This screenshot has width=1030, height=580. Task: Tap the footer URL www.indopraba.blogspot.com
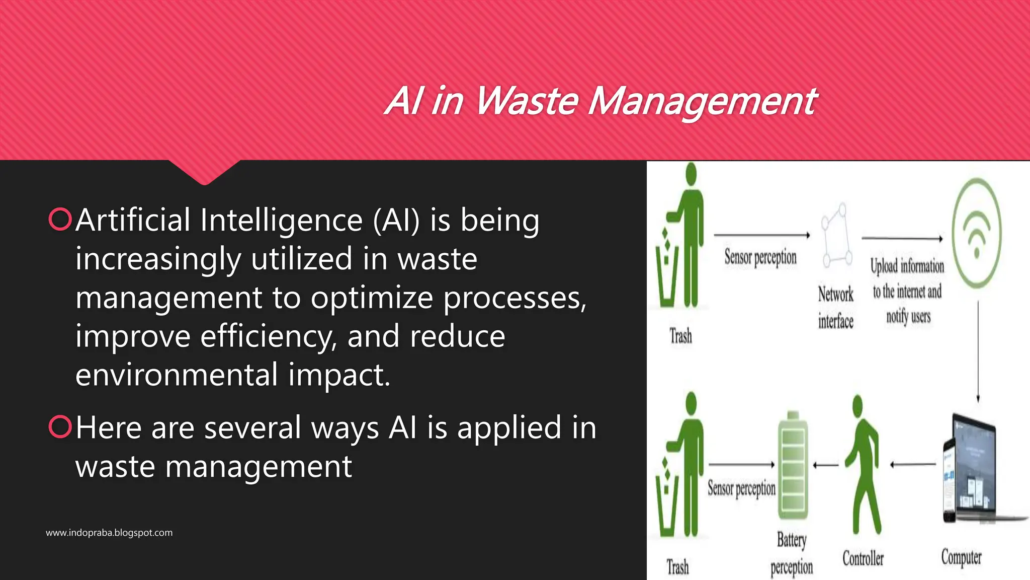tap(109, 533)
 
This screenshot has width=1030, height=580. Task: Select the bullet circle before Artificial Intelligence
tap(60, 220)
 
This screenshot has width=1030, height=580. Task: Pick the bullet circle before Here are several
tap(60, 427)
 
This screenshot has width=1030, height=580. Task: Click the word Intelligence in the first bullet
tap(281, 221)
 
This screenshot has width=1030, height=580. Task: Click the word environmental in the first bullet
tap(177, 375)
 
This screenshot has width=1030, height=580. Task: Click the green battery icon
tap(793, 466)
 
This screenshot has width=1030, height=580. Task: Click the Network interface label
tap(835, 307)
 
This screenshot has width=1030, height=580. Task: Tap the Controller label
tap(863, 558)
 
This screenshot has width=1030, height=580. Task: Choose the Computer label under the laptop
tap(961, 557)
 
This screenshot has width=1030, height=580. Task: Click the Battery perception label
tap(792, 553)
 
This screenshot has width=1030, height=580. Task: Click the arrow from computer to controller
tap(913, 464)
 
